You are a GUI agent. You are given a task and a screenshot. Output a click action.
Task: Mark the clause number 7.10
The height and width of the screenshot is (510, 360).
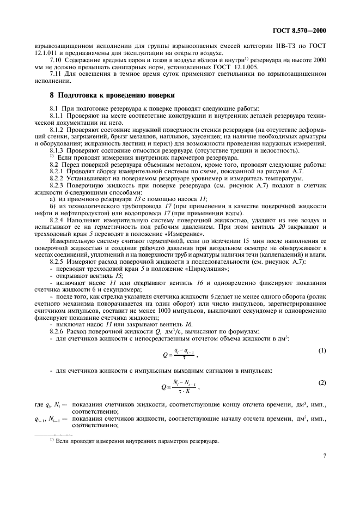57,60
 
